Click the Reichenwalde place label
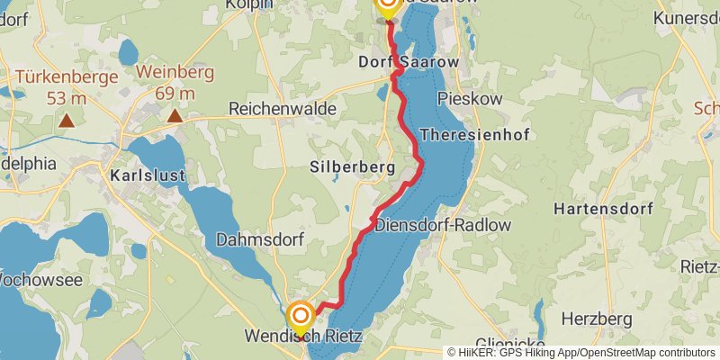pyautogui.click(x=283, y=108)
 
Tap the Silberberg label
pyautogui.click(x=353, y=167)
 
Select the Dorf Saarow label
pyautogui.click(x=409, y=62)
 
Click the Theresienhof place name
pyautogui.click(x=475, y=134)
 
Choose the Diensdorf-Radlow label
pyautogui.click(x=443, y=225)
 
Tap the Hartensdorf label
pyautogui.click(x=602, y=208)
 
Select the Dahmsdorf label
pyautogui.click(x=260, y=240)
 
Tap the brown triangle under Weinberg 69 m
pyautogui.click(x=175, y=116)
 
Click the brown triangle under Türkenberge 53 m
pyautogui.click(x=67, y=119)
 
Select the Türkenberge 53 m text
pyautogui.click(x=67, y=85)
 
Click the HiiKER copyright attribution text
pyautogui.click(x=581, y=352)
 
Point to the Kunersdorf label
pyautogui.click(x=686, y=18)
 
